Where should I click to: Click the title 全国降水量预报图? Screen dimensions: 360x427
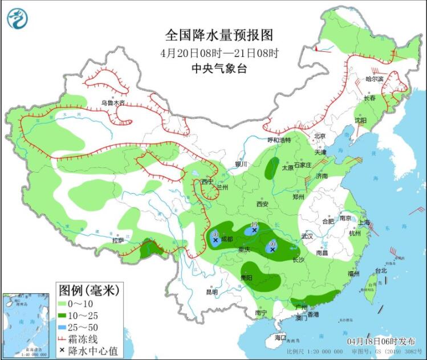[219, 35]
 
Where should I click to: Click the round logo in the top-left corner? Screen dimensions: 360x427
[17, 18]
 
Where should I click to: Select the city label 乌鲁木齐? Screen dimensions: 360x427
[112, 103]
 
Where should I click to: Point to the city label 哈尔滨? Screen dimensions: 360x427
[375, 79]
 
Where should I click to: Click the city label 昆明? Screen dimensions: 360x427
[212, 292]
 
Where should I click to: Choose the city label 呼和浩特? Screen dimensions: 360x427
[279, 140]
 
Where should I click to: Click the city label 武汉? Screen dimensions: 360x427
[308, 236]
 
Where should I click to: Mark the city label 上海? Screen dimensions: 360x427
[364, 222]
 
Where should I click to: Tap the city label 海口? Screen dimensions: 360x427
[280, 337]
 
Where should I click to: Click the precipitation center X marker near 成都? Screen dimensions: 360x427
[215, 240]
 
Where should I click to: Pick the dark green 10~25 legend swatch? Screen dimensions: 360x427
[63, 315]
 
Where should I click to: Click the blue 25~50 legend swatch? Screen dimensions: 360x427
[63, 326]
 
